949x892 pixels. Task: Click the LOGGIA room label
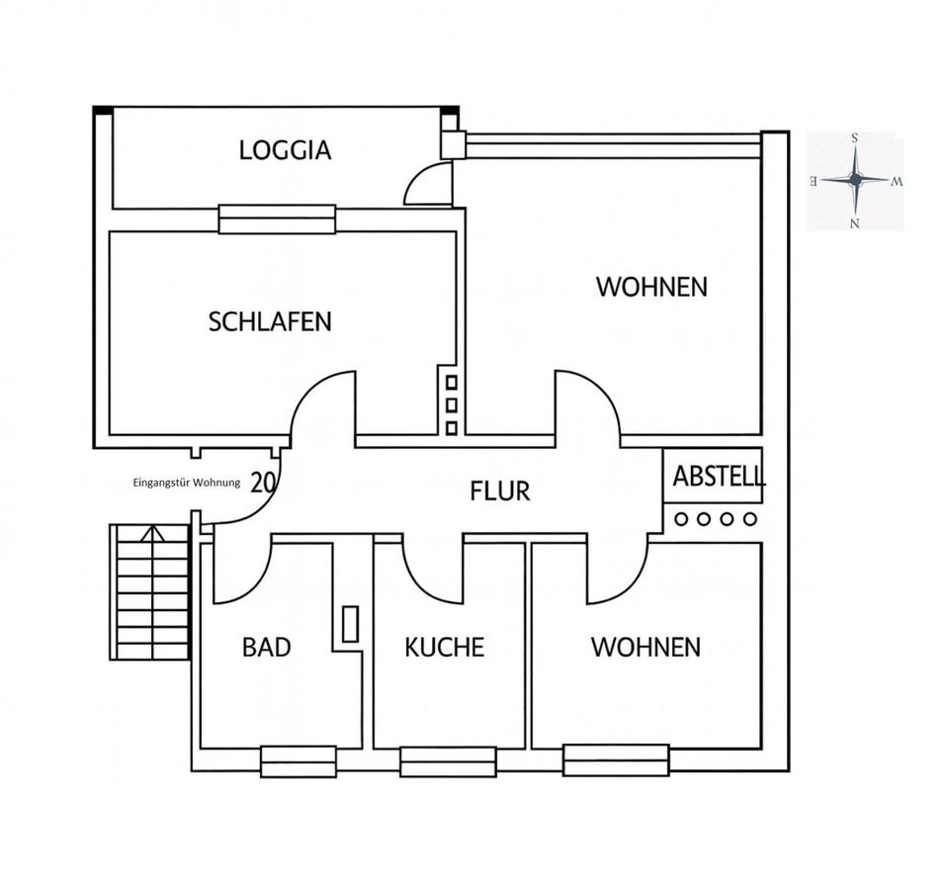tap(285, 150)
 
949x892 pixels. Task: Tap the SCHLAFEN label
tap(270, 321)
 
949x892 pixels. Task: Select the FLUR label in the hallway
tap(500, 491)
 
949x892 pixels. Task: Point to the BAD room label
tap(266, 647)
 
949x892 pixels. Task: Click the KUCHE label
tap(444, 647)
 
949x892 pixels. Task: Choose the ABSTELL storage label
tap(719, 476)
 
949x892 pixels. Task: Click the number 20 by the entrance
tap(263, 483)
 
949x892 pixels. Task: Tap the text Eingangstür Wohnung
tap(187, 483)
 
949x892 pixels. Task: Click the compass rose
tap(855, 180)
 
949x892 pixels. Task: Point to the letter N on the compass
tap(854, 223)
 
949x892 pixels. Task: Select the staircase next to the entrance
tap(150, 591)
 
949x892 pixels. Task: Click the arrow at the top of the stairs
tap(152, 533)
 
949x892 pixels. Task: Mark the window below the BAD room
tap(299, 761)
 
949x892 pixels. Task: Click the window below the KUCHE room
tap(448, 761)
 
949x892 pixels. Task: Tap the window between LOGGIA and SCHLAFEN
tap(277, 220)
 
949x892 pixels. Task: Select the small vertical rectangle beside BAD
tap(350, 624)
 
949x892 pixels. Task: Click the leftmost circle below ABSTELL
tap(681, 519)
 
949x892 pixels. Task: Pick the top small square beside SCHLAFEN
tap(452, 383)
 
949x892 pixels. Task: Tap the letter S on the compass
tap(854, 138)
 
